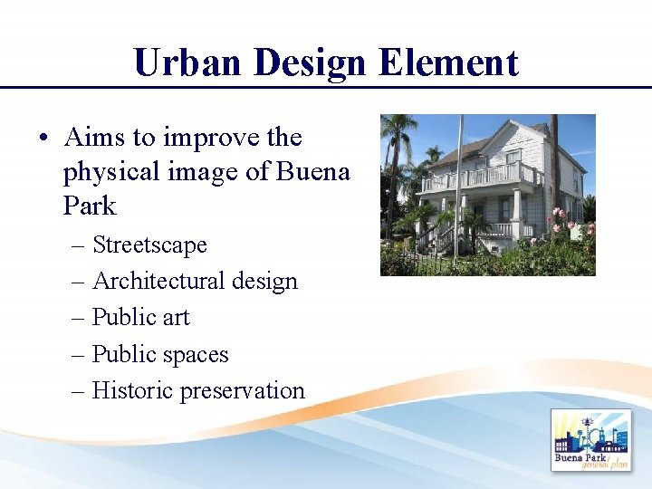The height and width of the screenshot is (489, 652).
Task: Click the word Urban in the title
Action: coord(187,63)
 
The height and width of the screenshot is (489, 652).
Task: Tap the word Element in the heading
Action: coord(448,63)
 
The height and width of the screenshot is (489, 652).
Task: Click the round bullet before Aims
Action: coord(43,139)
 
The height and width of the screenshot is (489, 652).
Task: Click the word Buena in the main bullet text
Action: coord(313,171)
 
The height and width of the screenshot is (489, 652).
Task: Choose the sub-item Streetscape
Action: coord(149,245)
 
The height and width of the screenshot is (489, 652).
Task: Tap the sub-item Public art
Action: coord(140,318)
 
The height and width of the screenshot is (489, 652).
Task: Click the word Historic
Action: coord(132,391)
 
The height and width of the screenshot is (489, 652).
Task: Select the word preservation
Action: coord(242,391)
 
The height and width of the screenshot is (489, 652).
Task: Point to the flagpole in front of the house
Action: coord(458,190)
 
